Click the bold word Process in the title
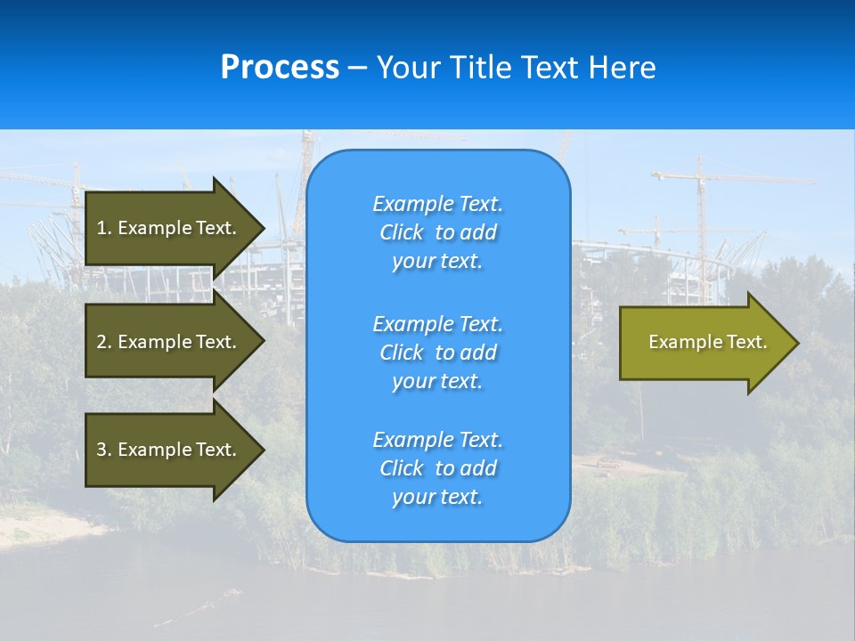(280, 68)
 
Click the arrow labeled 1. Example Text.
(169, 228)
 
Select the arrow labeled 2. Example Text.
(169, 342)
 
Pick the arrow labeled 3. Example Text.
(169, 450)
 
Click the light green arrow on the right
(704, 343)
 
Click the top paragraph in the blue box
(437, 232)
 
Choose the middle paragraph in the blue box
(437, 353)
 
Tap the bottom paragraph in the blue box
(437, 468)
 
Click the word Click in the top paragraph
(402, 232)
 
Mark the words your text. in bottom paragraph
(437, 497)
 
